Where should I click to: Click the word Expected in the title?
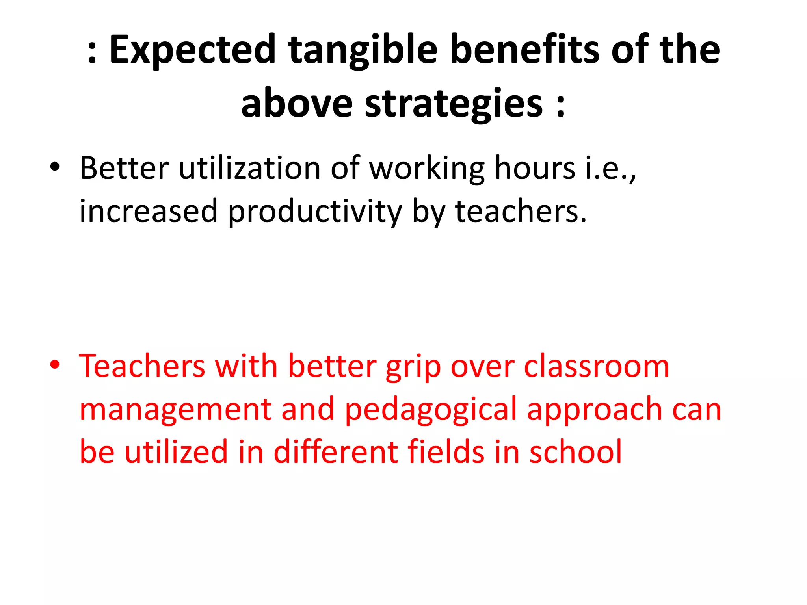click(x=192, y=50)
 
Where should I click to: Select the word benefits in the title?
click(x=524, y=50)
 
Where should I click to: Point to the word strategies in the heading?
click(x=454, y=103)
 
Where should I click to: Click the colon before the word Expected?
click(x=92, y=53)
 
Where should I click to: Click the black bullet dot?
click(x=55, y=167)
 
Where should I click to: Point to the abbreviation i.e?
click(x=609, y=169)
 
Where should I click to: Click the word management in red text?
click(x=175, y=410)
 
